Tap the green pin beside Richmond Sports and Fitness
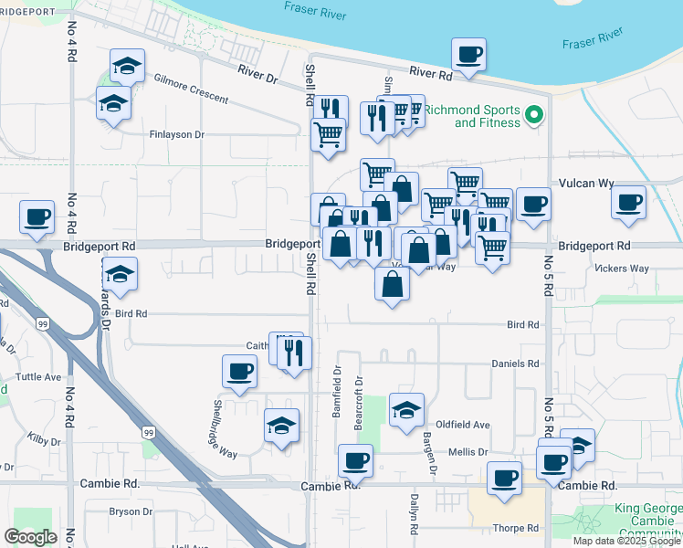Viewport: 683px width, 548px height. (534, 116)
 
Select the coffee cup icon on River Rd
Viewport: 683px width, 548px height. (468, 55)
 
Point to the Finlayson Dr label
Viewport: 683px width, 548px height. (177, 134)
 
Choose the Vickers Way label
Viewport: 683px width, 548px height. (621, 269)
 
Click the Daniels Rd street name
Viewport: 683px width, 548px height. (516, 363)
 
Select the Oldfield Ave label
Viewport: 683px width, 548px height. (463, 425)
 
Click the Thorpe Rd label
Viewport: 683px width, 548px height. (516, 527)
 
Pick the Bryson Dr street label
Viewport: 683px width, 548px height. (131, 511)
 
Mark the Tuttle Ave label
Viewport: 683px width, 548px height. (38, 376)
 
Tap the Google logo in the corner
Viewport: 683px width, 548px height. (30, 536)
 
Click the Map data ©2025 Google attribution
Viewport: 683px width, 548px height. (627, 541)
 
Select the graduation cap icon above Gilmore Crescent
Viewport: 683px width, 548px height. (127, 66)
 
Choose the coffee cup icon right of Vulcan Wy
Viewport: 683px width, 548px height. (628, 203)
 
